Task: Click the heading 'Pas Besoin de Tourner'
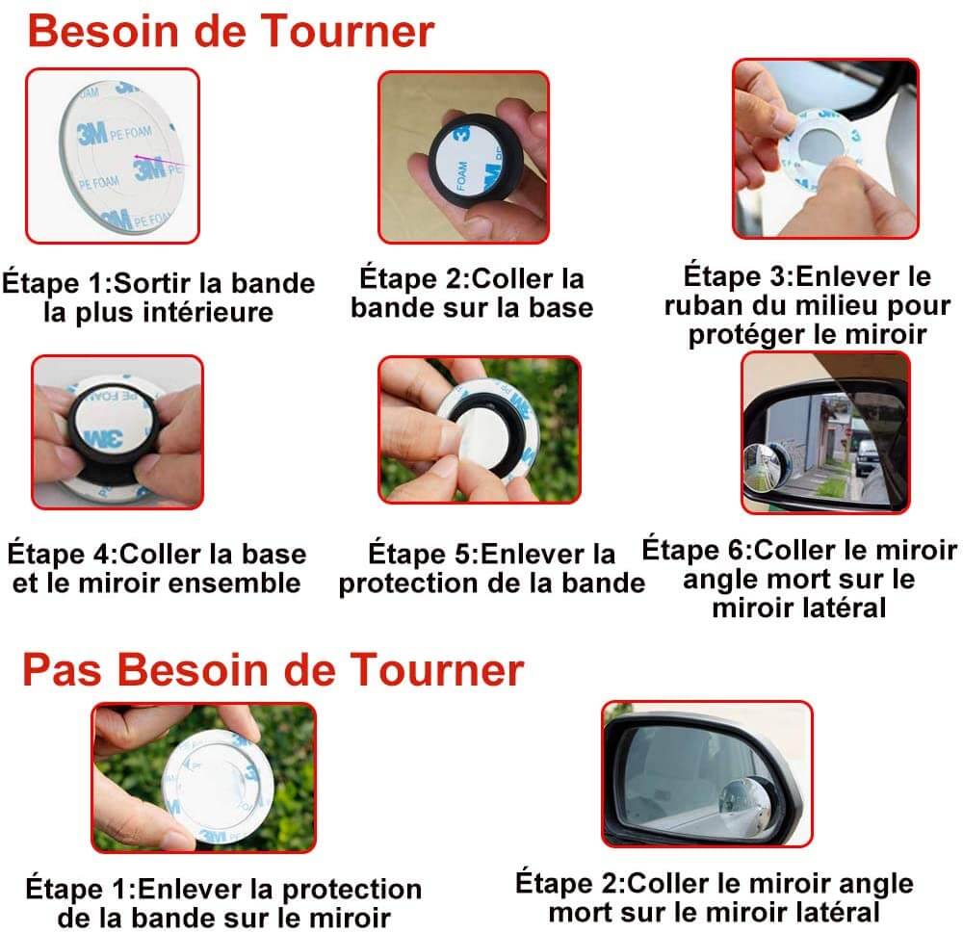pyautogui.click(x=273, y=669)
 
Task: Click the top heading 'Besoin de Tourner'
pyautogui.click(x=231, y=31)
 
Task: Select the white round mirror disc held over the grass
pyautogui.click(x=218, y=787)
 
